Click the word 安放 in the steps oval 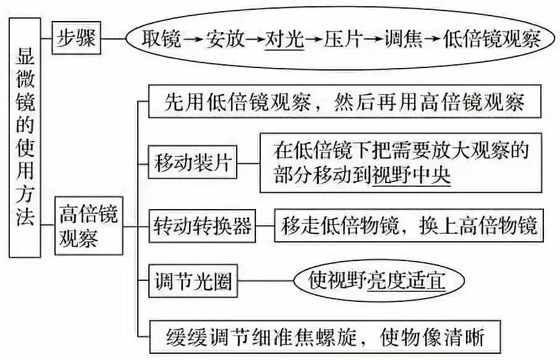click(227, 40)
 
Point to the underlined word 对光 click(284, 40)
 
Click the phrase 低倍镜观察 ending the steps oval click(492, 40)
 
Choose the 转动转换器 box click(202, 226)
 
